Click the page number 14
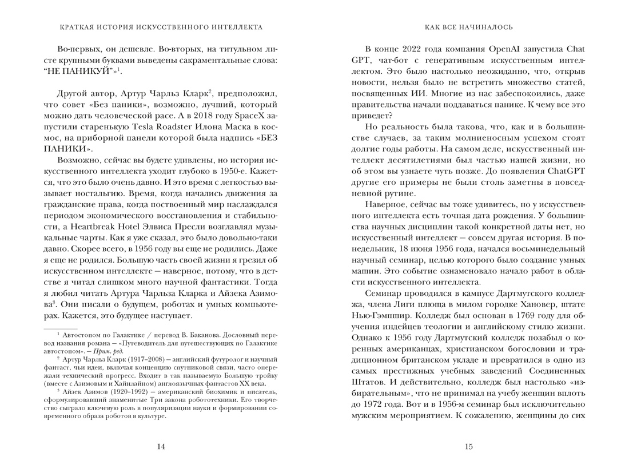point(161,447)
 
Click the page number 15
point(468,447)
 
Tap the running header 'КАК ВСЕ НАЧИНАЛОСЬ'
point(469,27)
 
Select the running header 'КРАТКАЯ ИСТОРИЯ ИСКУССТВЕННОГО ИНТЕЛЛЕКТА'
point(161,27)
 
